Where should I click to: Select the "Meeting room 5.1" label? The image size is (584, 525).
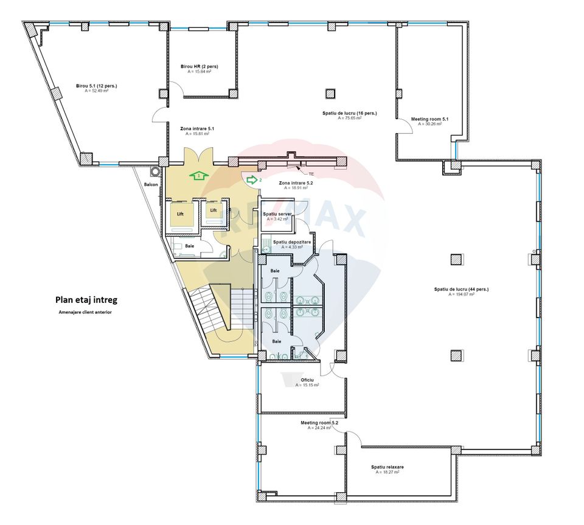click(x=429, y=119)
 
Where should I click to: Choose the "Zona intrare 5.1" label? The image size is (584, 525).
click(x=197, y=129)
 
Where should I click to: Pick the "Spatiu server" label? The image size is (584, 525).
click(x=277, y=214)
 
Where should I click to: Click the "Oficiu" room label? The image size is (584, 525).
click(x=307, y=380)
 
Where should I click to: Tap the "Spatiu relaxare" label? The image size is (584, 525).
click(x=388, y=467)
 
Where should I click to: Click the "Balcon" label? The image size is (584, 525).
click(x=151, y=184)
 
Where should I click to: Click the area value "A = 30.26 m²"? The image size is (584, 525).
click(x=429, y=124)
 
